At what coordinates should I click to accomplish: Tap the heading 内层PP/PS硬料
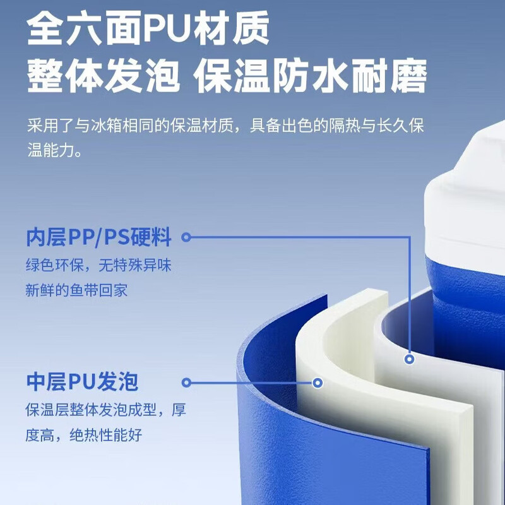tap(98, 237)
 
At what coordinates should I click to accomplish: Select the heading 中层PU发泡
tap(82, 382)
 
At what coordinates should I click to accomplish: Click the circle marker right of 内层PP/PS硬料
tap(186, 237)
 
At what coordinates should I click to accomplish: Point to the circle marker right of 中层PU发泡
tap(186, 383)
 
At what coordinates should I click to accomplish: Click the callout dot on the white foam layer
tap(318, 383)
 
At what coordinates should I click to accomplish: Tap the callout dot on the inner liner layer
tap(409, 359)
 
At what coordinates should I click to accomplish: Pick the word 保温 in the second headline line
tap(232, 76)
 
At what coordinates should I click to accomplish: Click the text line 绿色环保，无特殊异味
tap(98, 265)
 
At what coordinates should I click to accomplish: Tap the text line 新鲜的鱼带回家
tap(76, 290)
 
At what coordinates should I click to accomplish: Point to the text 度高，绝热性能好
tap(84, 435)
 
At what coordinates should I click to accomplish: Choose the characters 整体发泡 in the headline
tap(103, 76)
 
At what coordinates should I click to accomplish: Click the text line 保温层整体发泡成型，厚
tap(106, 410)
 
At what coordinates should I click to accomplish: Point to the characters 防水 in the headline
tap(311, 76)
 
